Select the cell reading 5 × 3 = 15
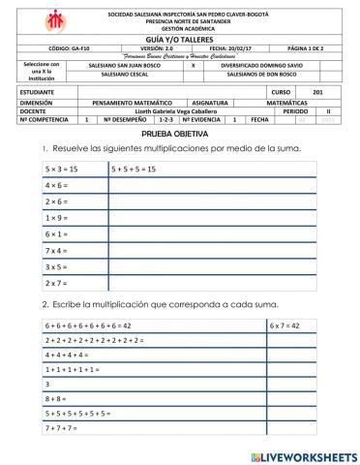click(x=63, y=169)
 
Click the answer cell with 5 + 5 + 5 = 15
click(x=135, y=169)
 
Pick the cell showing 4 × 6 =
click(x=57, y=185)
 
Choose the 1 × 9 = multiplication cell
click(x=57, y=218)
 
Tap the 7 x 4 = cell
click(x=57, y=250)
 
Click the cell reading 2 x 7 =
click(x=57, y=283)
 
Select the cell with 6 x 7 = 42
click(x=285, y=325)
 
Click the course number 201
click(x=306, y=90)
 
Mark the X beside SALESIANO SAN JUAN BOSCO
click(x=194, y=65)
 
